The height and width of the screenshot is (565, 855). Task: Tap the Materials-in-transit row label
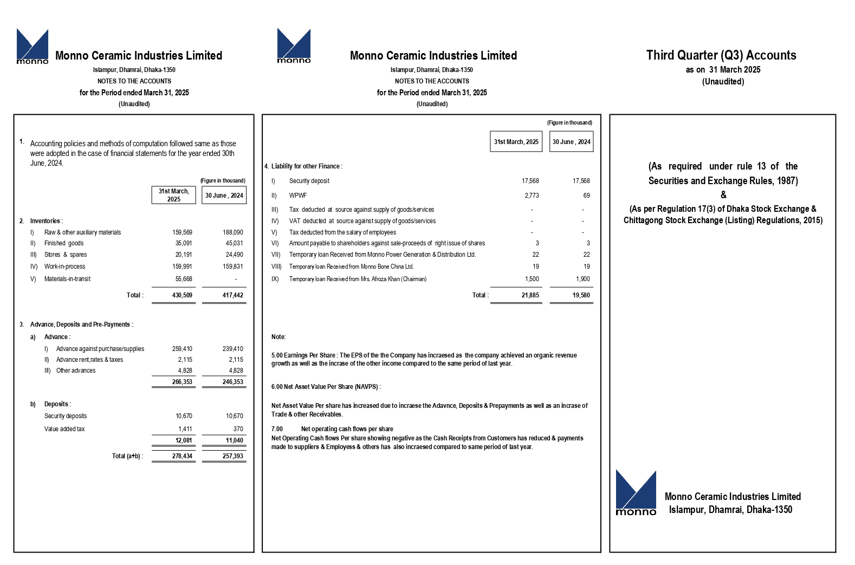pos(67,279)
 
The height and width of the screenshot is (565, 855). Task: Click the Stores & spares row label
pos(66,255)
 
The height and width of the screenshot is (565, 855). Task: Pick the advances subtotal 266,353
pos(182,382)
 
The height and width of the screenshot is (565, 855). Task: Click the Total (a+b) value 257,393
pos(233,456)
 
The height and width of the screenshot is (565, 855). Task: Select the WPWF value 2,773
pos(531,196)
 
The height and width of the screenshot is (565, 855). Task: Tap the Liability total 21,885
pos(529,295)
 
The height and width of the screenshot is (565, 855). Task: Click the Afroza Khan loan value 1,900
pos(582,279)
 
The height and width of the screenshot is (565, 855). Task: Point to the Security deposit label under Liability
pos(309,181)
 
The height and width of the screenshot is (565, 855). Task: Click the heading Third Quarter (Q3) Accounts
pos(721,55)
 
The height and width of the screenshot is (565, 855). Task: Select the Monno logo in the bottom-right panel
pos(636,493)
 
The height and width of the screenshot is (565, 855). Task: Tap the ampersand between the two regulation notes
pos(723,195)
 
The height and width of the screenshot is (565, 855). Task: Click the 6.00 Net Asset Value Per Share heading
pos(326,387)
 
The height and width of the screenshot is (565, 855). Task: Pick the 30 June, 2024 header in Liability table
pos(571,142)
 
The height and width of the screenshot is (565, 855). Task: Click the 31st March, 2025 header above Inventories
pos(173,195)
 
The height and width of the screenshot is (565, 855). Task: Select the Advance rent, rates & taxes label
pos(89,360)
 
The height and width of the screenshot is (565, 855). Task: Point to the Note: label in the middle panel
pos(278,337)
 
